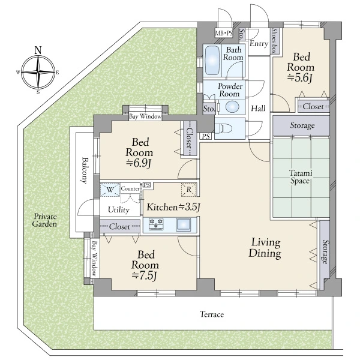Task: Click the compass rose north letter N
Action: (38, 50)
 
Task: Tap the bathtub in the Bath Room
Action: (212, 60)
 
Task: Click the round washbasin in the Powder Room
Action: (232, 107)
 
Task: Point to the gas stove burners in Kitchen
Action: (156, 224)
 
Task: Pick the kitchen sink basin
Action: (183, 224)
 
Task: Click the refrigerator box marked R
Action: (189, 190)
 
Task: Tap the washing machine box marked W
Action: (110, 190)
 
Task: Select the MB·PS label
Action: (224, 34)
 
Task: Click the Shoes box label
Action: (274, 41)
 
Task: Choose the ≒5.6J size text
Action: (300, 78)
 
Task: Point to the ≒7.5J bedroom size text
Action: (145, 275)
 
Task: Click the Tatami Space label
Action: (300, 177)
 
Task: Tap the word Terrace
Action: (212, 314)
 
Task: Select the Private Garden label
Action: (44, 220)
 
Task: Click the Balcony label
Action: (85, 170)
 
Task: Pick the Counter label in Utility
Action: (130, 188)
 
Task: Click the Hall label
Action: (258, 109)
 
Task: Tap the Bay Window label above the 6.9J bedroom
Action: (145, 116)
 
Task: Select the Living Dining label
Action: (265, 248)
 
